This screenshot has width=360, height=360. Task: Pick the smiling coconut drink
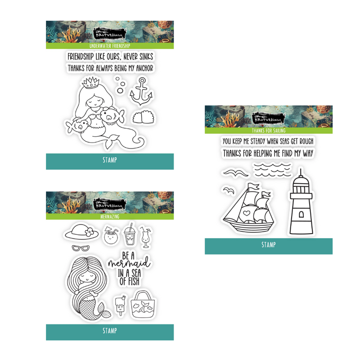click(110, 235)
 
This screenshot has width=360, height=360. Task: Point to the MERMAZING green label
click(110, 216)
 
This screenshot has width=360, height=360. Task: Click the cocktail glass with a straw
click(146, 237)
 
